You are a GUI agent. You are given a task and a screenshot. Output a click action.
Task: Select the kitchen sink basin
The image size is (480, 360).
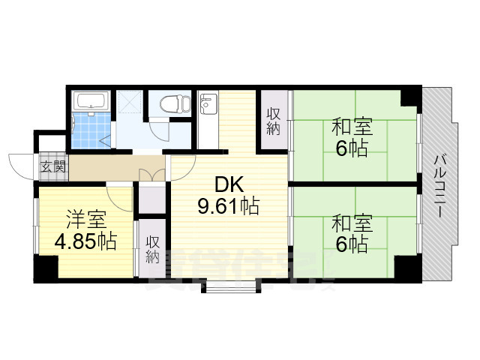tap(208, 105)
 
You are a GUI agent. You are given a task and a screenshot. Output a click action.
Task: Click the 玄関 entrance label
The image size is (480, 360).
tap(53, 166)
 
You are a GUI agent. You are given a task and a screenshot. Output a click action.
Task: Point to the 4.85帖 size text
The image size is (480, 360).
tap(85, 242)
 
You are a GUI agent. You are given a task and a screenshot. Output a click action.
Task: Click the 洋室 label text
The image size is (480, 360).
tap(84, 221)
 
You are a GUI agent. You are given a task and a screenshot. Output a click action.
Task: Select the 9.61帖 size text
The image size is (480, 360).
tap(229, 206)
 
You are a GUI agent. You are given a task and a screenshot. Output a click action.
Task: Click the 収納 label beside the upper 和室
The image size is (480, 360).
tap(274, 119)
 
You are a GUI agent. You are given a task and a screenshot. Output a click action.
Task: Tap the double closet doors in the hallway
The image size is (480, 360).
tap(152, 174)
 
